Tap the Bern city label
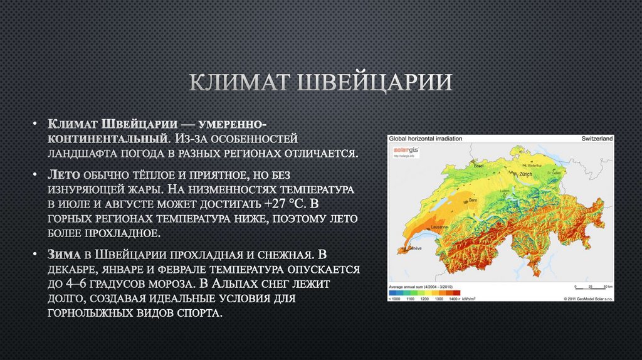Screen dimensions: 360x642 point(474,200)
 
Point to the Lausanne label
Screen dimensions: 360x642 point(439,226)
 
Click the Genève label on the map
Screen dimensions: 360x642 point(414,250)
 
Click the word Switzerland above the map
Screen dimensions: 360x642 point(597,138)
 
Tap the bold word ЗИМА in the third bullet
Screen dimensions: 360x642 point(63,254)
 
